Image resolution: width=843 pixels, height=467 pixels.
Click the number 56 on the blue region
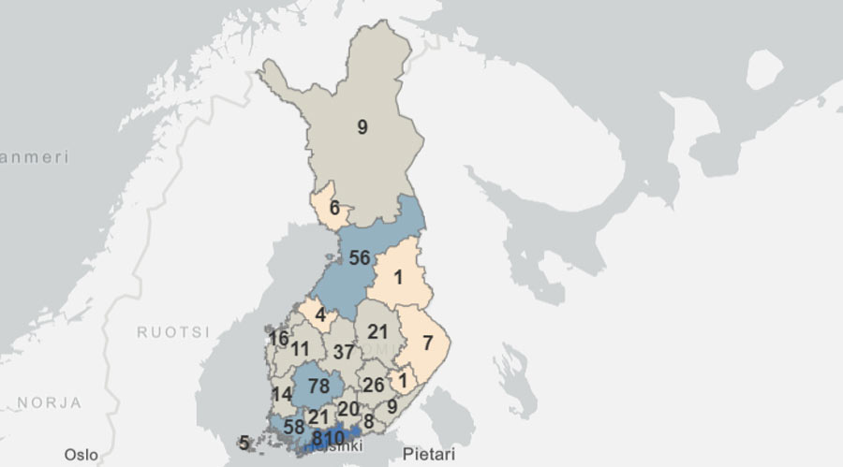click(x=359, y=258)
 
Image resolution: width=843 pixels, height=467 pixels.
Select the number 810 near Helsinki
click(x=329, y=437)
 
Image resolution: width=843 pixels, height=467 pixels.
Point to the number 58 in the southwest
click(x=293, y=427)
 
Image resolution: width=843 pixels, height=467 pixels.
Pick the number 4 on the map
click(x=319, y=315)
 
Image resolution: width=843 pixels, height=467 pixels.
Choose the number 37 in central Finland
click(x=345, y=352)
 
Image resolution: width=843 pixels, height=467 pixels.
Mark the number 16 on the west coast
click(x=278, y=338)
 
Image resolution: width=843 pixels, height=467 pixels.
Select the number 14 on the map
click(x=282, y=394)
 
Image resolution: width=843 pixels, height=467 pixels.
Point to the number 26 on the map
click(x=373, y=385)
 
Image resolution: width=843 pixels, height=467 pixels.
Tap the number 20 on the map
click(x=348, y=409)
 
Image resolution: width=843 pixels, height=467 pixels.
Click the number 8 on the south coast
click(x=368, y=421)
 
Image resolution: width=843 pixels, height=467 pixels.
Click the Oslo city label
click(x=81, y=454)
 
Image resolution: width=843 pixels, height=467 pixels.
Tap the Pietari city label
click(x=428, y=454)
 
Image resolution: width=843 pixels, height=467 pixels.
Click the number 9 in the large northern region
click(x=362, y=128)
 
